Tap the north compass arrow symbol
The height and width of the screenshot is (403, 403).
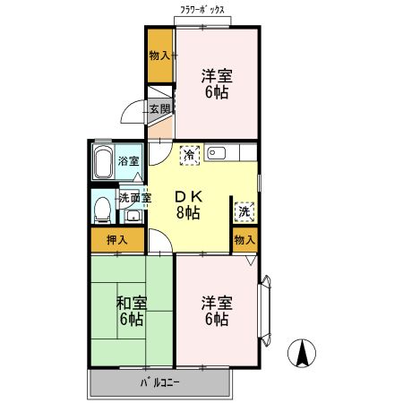point(304,353)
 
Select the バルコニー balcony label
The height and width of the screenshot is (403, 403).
point(160,383)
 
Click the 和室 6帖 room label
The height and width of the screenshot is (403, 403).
point(131,310)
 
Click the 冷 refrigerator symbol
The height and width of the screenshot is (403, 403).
point(190,154)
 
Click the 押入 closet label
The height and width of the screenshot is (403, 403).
point(117,240)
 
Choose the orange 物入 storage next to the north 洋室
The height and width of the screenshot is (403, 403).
point(160,56)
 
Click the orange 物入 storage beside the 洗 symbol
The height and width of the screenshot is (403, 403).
point(244,239)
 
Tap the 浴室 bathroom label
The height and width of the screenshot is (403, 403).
point(129,162)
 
